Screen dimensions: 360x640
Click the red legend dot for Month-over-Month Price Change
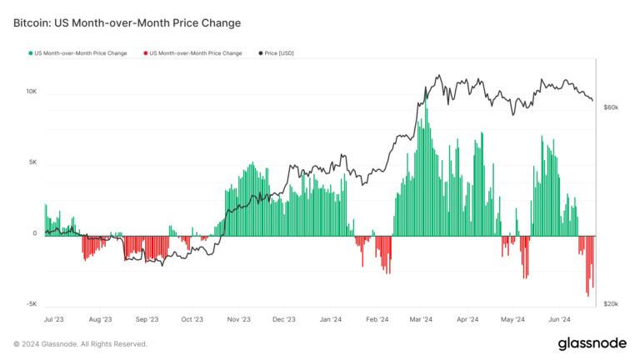click(x=146, y=53)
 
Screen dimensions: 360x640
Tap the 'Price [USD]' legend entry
click(x=278, y=53)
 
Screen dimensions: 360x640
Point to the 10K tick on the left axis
click(x=31, y=92)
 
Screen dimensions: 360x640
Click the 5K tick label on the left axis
click(x=32, y=162)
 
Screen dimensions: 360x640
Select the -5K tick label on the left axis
click(x=31, y=304)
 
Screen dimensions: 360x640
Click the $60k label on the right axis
click(x=611, y=107)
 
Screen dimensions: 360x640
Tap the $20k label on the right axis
click(x=611, y=304)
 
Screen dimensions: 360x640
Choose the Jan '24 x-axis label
click(x=331, y=319)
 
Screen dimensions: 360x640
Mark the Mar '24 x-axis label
click(x=422, y=319)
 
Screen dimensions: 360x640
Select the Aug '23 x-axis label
click(x=100, y=319)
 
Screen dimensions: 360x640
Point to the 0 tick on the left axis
click(x=35, y=234)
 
